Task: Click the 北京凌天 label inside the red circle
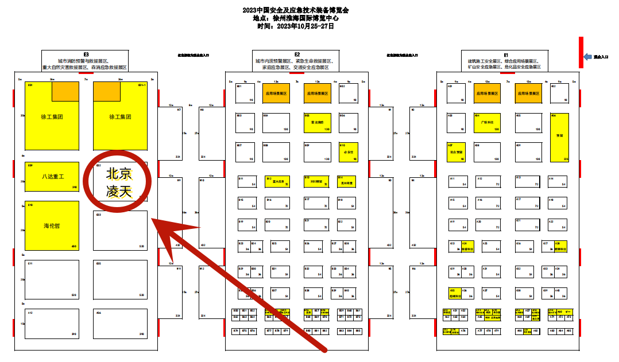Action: [119, 182]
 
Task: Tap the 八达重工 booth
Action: [52, 176]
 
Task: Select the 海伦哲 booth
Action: [52, 225]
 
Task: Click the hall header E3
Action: [86, 55]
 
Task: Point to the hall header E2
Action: [296, 55]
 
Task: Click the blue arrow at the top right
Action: [587, 57]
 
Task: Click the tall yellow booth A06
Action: [559, 137]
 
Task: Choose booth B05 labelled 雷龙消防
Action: [317, 122]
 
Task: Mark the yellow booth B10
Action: [349, 151]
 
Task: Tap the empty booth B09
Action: [317, 151]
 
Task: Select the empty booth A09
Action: [528, 151]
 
